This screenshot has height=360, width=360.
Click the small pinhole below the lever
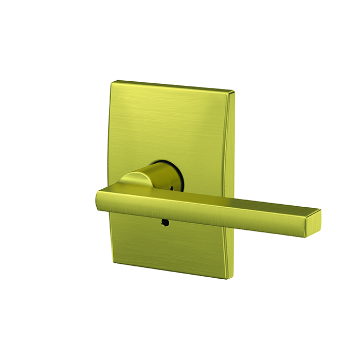pos(164,223)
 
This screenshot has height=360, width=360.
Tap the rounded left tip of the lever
pos(98,197)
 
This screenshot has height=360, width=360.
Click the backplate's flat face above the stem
pos(170,123)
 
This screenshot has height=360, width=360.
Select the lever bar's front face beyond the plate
pos(267,216)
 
